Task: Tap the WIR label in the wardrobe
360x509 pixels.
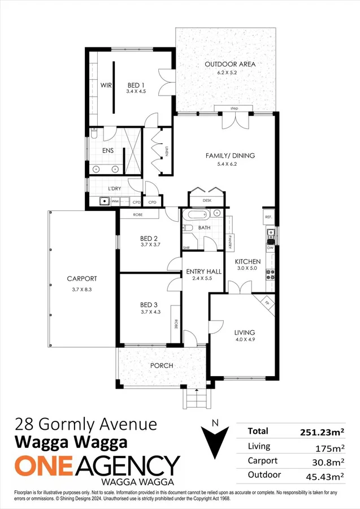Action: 106,85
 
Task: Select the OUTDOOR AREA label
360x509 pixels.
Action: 230,64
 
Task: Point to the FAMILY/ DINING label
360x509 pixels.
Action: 231,156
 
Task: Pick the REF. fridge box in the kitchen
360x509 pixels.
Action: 268,217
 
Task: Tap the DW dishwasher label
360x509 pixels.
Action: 270,248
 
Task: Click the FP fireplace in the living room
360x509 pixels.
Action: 267,303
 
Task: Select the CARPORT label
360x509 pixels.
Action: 81,278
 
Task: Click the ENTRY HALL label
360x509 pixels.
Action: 203,272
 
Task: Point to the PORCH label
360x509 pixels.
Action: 161,365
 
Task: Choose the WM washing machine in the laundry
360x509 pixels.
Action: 115,201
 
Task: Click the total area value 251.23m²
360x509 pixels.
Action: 322,432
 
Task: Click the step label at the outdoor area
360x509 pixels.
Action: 234,108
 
